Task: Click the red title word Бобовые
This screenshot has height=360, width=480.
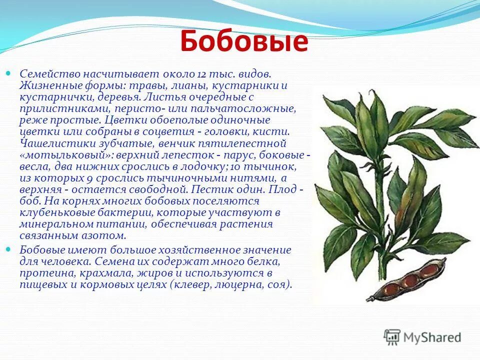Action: (243, 41)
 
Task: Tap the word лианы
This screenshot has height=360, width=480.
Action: (188, 85)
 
